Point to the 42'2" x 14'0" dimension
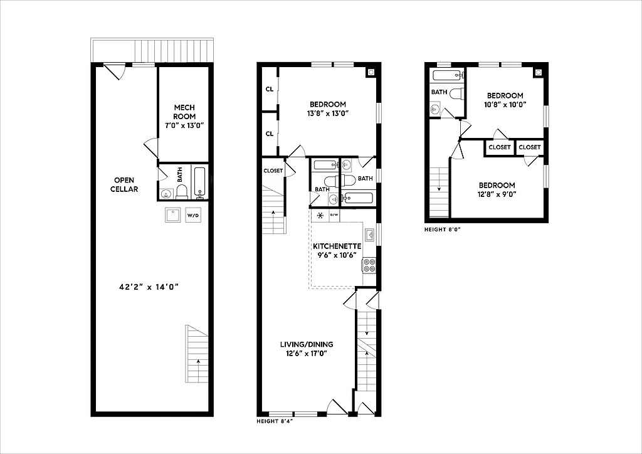click(149, 287)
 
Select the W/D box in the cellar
click(192, 216)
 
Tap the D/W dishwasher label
click(334, 216)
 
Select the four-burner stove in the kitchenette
click(369, 265)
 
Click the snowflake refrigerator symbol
click(320, 216)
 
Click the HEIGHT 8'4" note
click(275, 421)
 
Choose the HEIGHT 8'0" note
click(443, 230)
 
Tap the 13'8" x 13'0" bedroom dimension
click(327, 113)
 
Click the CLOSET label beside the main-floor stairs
click(273, 171)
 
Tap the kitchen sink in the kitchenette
click(370, 236)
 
